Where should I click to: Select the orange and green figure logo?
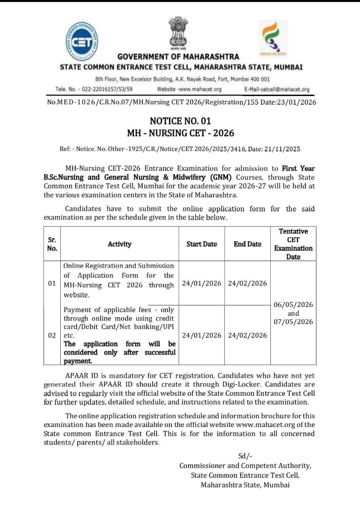[274, 36]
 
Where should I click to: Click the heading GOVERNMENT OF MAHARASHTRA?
[178, 57]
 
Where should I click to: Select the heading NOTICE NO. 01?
[180, 121]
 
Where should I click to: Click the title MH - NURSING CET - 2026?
[180, 133]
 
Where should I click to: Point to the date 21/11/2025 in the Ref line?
[281, 149]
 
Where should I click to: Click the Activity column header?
[119, 244]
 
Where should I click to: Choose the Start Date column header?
[201, 244]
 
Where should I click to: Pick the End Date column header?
[247, 244]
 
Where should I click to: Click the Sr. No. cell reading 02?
[52, 335]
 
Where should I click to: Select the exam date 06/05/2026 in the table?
[293, 305]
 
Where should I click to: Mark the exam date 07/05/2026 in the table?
[293, 322]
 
